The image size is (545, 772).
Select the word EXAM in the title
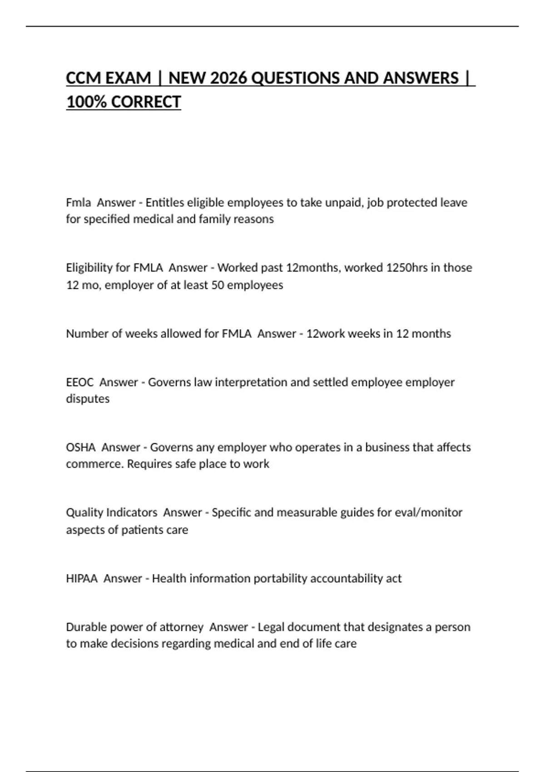click(128, 78)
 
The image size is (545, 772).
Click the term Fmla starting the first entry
click(78, 203)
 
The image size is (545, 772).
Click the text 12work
click(326, 334)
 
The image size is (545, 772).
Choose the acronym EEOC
click(79, 382)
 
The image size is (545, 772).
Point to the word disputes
click(88, 399)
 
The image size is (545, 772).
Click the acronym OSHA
click(80, 447)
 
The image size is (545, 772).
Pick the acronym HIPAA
click(82, 579)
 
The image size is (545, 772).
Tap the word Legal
click(271, 627)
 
